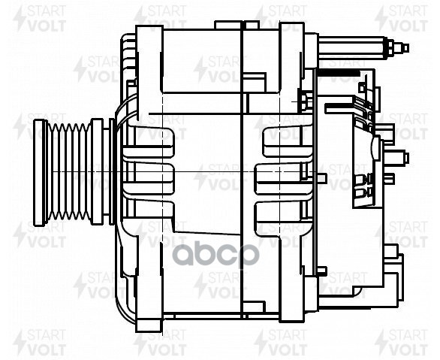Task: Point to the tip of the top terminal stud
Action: (405, 47)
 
